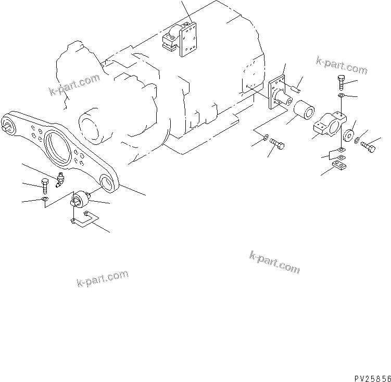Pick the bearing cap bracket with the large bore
point(327,125)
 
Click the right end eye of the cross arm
point(108,181)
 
